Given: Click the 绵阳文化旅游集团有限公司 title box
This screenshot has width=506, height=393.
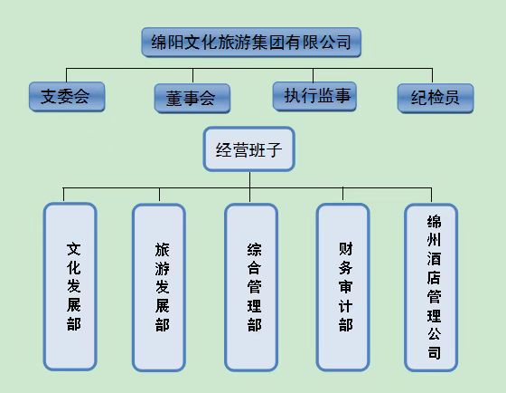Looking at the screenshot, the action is [x=251, y=43].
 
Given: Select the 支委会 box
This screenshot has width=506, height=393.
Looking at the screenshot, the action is [x=67, y=97].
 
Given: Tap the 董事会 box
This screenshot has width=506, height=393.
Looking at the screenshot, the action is [x=192, y=99].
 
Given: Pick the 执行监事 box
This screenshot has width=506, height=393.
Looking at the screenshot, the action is [x=314, y=96].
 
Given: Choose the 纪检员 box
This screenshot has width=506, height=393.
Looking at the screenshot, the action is [x=436, y=99].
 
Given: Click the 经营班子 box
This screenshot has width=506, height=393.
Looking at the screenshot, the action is [x=248, y=149].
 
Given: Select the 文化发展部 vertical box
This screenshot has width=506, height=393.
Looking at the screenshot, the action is [x=70, y=286].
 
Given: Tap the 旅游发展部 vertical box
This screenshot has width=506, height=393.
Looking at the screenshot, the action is [x=159, y=287].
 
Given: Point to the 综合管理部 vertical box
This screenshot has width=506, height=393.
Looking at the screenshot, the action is [x=251, y=287].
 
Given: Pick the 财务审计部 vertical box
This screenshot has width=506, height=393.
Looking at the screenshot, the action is [x=342, y=287].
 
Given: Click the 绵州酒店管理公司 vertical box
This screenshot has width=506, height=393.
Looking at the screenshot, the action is [x=431, y=287].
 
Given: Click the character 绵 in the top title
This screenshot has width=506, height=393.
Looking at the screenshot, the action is [x=159, y=42].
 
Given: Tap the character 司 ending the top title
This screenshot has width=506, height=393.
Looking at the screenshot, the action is [x=343, y=42].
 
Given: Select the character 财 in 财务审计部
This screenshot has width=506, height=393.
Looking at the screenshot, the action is [x=345, y=249].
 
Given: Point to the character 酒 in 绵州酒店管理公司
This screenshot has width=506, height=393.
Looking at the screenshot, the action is [x=434, y=259].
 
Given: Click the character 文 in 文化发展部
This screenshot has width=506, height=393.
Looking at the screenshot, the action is [x=73, y=249].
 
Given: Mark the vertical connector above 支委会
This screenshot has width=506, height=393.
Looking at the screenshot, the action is [x=67, y=75].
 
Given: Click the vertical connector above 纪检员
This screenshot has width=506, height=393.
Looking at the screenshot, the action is [x=432, y=76].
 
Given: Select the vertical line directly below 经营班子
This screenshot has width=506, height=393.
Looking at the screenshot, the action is [x=249, y=187].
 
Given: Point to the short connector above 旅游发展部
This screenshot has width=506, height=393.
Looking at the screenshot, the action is [x=159, y=196].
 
